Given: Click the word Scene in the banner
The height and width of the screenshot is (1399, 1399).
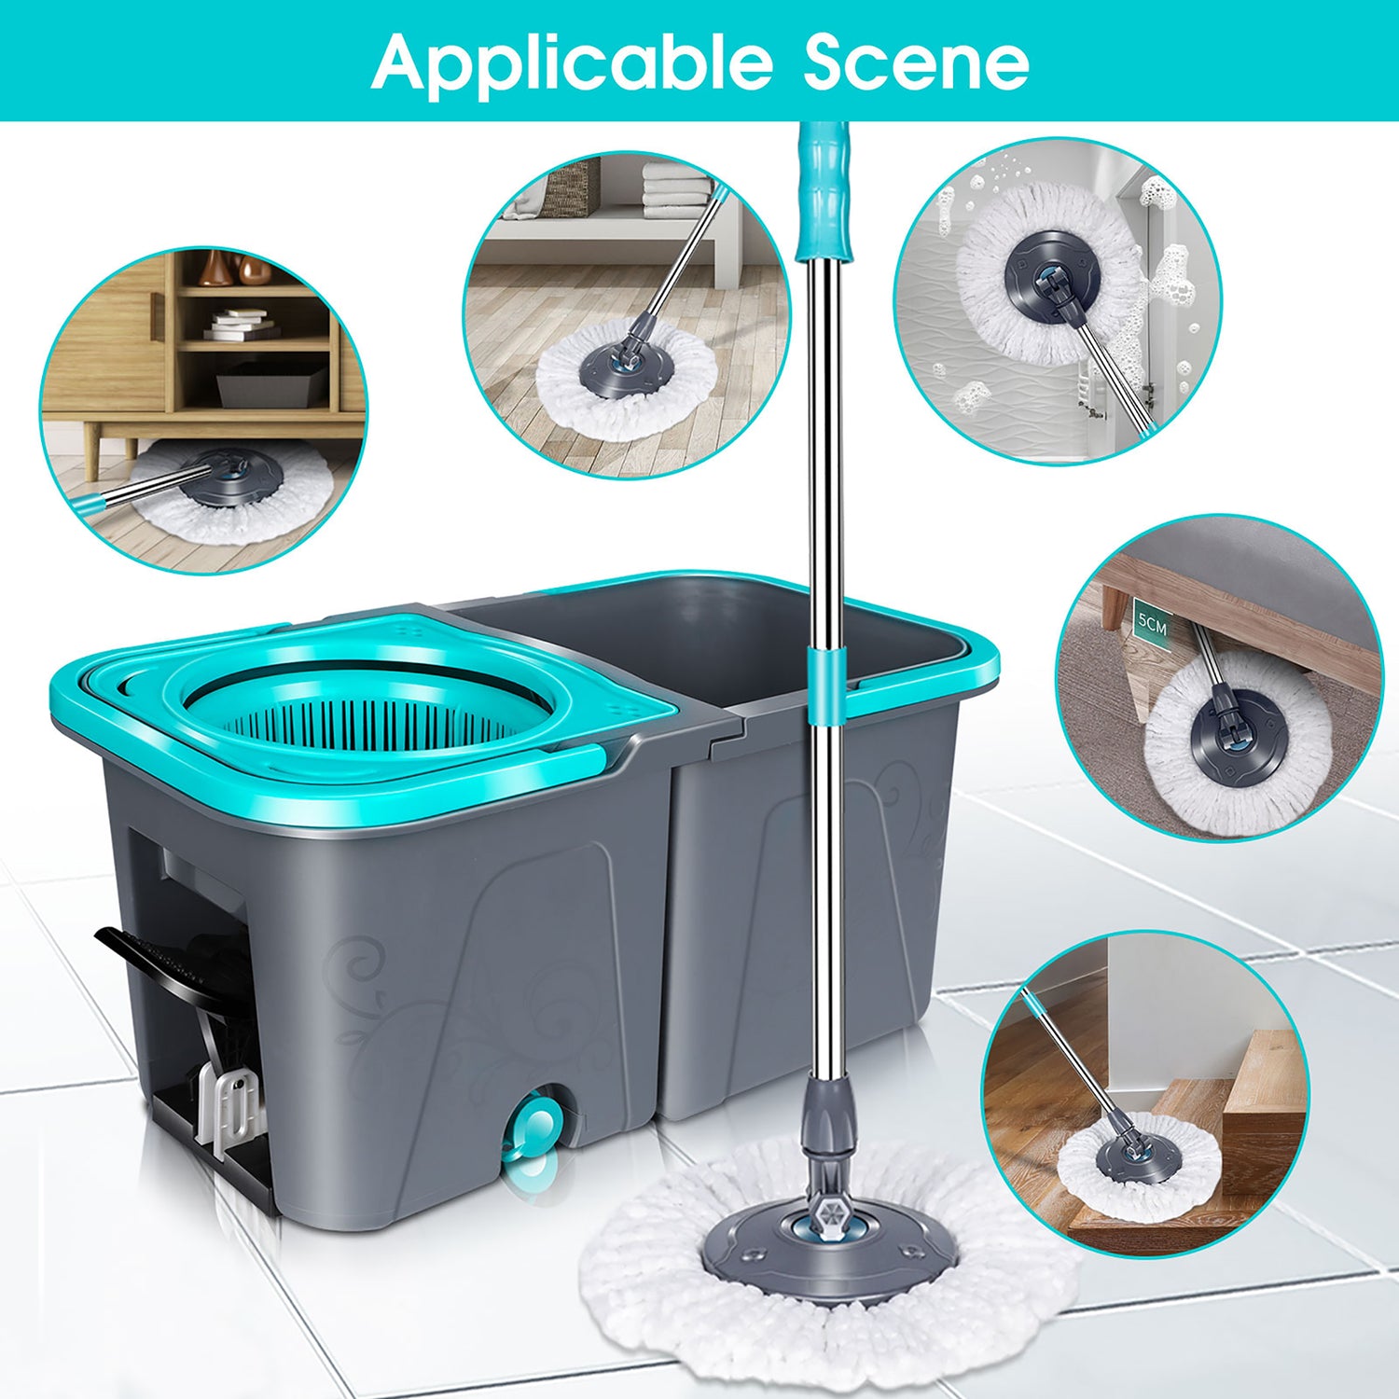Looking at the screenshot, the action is (x=917, y=62).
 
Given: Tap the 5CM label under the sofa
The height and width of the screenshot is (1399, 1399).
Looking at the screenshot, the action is (x=1152, y=624).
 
